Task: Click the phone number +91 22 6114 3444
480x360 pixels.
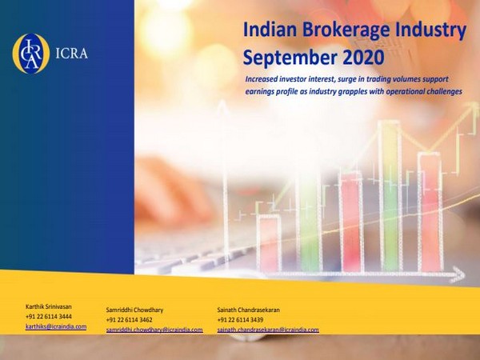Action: [49, 317]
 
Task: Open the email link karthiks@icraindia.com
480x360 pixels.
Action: [56, 326]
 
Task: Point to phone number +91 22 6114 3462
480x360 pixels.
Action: [130, 319]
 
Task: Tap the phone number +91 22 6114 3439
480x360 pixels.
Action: [241, 319]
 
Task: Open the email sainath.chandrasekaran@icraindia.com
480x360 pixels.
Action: [268, 330]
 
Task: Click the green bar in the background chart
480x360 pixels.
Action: [390, 192]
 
